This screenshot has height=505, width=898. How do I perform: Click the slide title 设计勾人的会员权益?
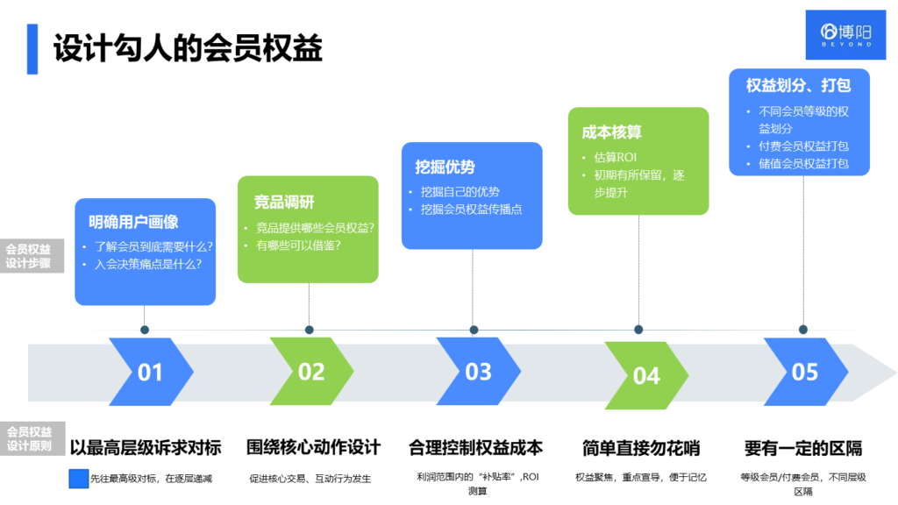pos(188,48)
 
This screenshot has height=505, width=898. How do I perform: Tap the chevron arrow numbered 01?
pos(150,372)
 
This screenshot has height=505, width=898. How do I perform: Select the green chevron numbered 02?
pos(311,372)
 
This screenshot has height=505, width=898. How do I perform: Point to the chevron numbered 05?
pos(805,372)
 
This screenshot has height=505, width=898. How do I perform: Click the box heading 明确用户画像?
pos(133,222)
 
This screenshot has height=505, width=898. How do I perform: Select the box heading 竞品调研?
pos(284,203)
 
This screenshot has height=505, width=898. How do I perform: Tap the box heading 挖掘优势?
pos(445,167)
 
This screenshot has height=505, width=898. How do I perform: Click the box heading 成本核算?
pos(612,132)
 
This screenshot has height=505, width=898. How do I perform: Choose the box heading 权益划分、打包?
pos(799,86)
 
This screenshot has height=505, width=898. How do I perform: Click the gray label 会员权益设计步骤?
pos(29,255)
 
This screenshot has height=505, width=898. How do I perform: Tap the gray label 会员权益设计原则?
pos(29,438)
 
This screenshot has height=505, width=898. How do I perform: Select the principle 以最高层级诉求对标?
pos(146,448)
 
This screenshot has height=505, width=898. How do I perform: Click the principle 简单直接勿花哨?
pos(641,448)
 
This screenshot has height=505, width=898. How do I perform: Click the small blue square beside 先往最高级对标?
pos(79,479)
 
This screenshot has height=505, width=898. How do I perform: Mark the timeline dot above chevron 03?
pos(474,331)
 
